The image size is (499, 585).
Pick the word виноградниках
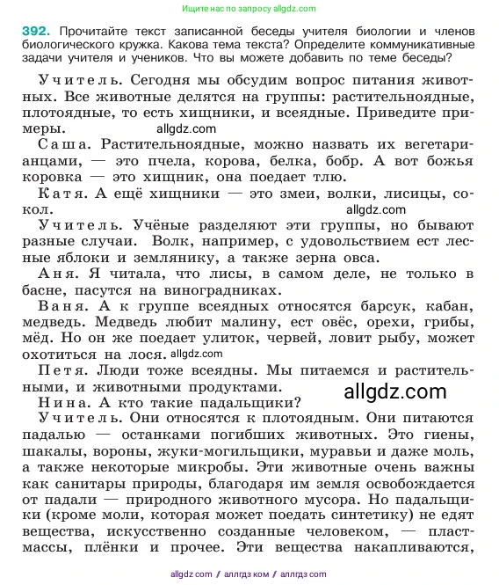[215, 289]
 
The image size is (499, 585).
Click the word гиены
[448, 434]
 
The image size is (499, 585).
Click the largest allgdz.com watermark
[396, 392]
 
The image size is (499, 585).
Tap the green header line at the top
[248, 8]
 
